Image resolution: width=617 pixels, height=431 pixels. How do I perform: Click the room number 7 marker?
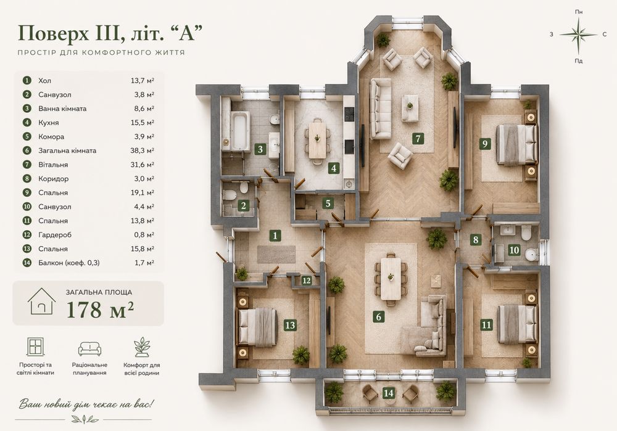(x=418, y=138)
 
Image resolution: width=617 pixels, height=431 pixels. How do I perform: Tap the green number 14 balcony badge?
(x=388, y=393)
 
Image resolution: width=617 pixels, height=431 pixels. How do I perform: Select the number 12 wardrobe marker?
(x=307, y=281)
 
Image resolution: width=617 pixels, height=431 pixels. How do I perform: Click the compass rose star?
(x=579, y=35)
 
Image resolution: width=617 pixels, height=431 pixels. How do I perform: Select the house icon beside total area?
(x=42, y=302)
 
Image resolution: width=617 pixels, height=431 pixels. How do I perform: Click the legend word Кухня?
(x=48, y=123)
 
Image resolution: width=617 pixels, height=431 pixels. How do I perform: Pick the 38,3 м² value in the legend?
(x=142, y=150)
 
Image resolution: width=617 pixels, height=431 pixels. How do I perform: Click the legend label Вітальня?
(x=53, y=165)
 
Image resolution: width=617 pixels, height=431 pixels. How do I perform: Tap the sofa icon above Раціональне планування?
(x=89, y=349)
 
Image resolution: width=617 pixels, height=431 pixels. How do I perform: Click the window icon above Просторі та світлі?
(x=35, y=347)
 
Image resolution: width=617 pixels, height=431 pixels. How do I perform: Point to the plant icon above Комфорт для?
(x=142, y=347)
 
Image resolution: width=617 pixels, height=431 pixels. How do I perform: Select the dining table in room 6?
(x=391, y=278)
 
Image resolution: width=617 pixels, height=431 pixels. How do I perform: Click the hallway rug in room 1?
(x=276, y=255)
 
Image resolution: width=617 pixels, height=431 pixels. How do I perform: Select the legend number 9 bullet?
(x=27, y=193)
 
